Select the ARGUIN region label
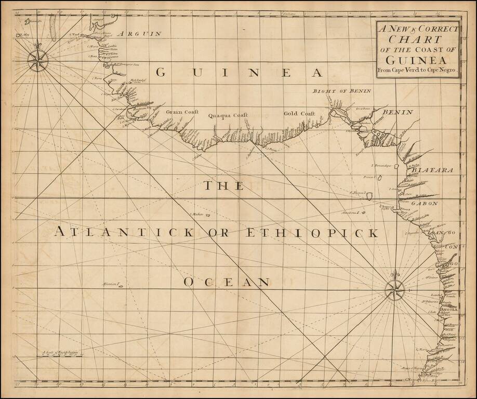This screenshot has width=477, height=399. [x=138, y=34]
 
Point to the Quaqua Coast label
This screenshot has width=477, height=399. [x=228, y=115]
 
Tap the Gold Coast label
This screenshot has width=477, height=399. [x=300, y=113]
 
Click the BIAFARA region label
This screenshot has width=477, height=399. [x=426, y=170]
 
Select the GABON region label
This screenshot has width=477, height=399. [x=426, y=204]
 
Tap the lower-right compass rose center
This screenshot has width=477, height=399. [x=395, y=288]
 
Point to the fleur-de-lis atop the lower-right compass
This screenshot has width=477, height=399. [x=395, y=273]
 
